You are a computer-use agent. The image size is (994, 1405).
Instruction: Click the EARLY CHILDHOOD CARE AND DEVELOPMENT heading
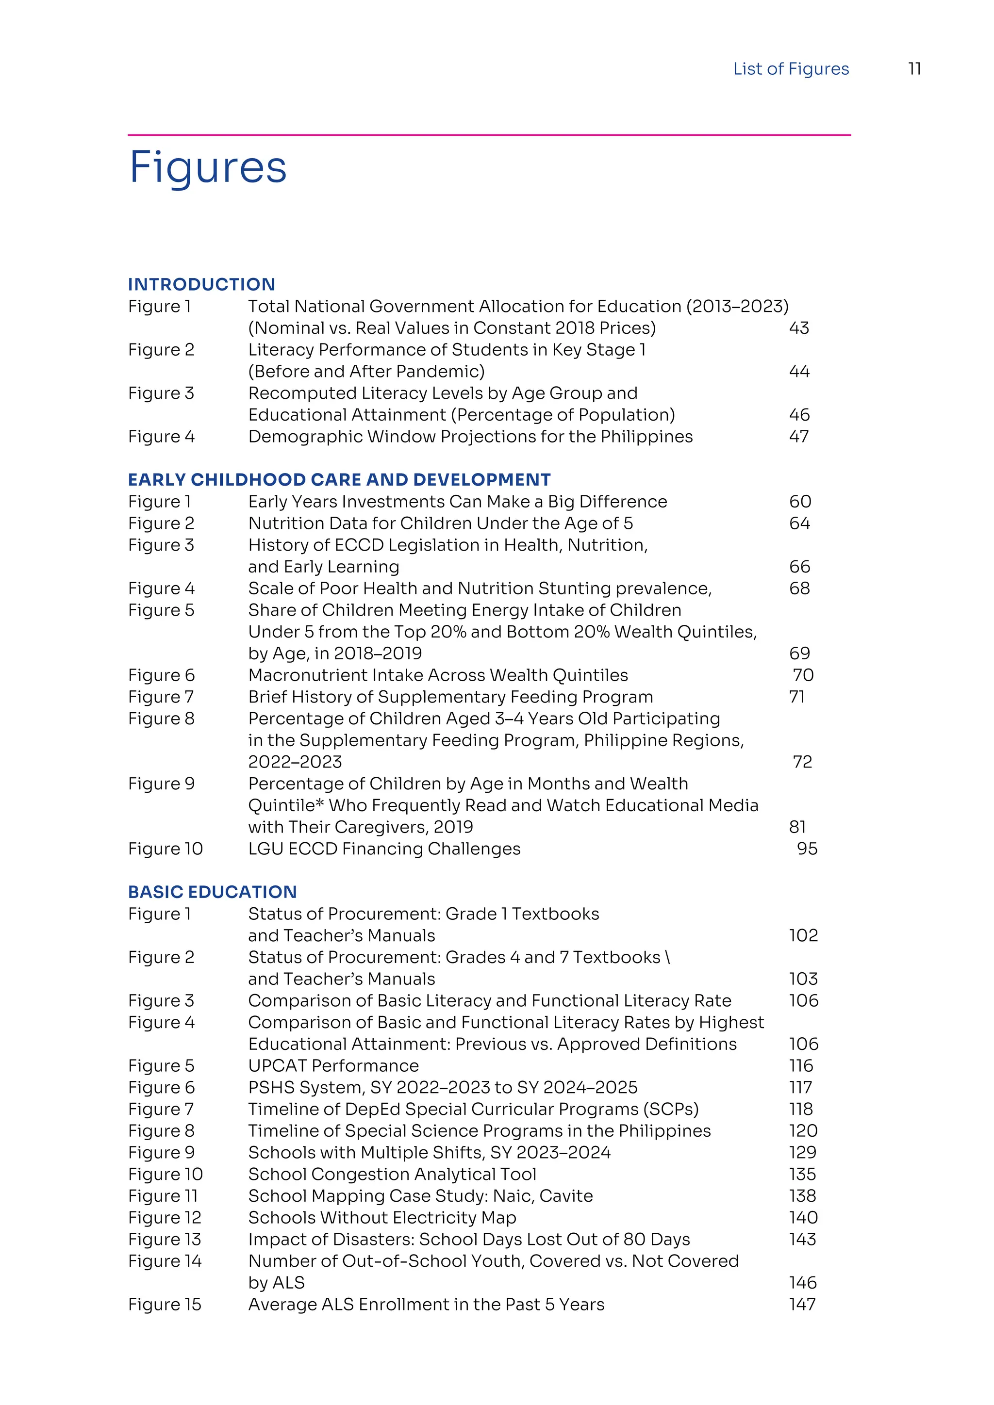pos(339,479)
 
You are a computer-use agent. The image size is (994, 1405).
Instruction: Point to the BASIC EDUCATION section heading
pos(213,892)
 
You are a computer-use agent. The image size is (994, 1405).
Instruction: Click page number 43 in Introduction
pos(799,328)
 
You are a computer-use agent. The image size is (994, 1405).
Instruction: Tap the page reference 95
pos(807,849)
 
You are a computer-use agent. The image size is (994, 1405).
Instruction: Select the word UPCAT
pos(277,1065)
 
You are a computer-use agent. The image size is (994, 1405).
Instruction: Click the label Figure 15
pos(165,1304)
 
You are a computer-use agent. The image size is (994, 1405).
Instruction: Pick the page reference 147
pos(802,1304)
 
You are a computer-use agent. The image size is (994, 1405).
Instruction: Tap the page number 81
pos(797,827)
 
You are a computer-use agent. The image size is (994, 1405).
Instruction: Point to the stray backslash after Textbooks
pos(668,957)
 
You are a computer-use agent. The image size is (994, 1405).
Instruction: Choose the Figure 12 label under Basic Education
pos(165,1217)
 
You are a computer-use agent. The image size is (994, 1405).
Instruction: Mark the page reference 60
pos(800,501)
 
